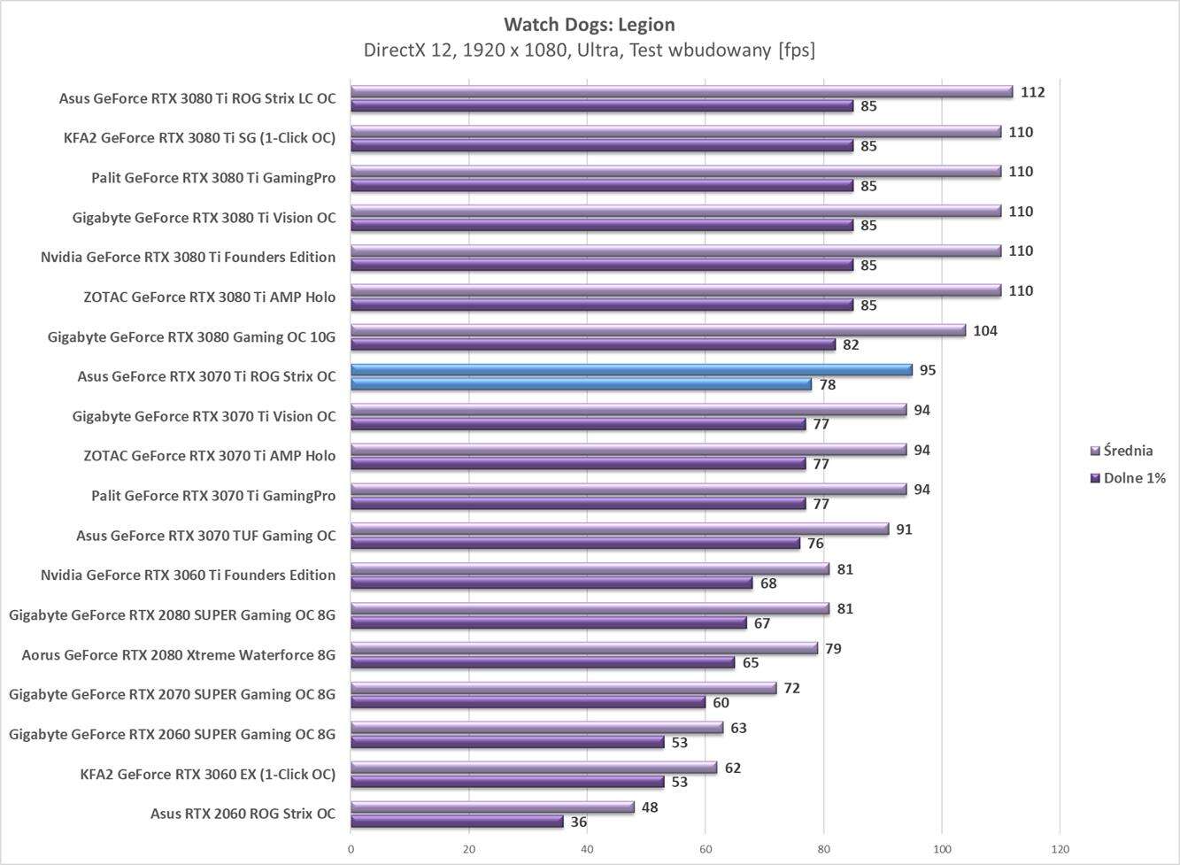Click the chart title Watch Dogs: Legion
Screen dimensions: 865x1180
(590, 24)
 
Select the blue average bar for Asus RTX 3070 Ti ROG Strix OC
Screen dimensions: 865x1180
(631, 370)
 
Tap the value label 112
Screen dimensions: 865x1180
(1032, 92)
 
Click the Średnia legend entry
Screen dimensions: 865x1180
(1128, 451)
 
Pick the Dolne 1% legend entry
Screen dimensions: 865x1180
(1133, 478)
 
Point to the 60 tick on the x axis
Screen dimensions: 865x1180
(706, 849)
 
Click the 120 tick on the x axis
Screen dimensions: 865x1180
(1060, 849)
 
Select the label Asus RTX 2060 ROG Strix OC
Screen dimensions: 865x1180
(243, 814)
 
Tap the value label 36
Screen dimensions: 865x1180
(578, 822)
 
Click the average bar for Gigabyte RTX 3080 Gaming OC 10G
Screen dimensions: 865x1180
(658, 330)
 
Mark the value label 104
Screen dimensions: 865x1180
(984, 330)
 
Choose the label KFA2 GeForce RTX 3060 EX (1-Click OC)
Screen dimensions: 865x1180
(207, 774)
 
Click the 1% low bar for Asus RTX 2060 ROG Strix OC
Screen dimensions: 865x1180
(457, 822)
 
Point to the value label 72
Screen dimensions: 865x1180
(791, 688)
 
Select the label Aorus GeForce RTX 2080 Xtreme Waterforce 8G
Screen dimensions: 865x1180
(178, 655)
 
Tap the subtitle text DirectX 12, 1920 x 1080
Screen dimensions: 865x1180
(467, 50)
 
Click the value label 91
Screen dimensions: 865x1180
(904, 529)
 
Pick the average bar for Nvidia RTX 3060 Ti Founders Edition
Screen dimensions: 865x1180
(590, 569)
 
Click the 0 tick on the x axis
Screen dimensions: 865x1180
(351, 849)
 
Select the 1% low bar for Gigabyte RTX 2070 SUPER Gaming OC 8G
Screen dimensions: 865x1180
(528, 702)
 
